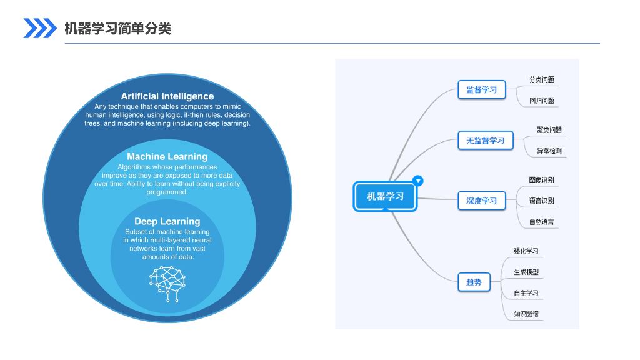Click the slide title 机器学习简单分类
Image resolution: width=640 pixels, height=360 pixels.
coord(117,28)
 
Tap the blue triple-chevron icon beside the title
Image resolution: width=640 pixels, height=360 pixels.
coord(40,28)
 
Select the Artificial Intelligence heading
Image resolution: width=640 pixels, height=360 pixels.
coord(167,96)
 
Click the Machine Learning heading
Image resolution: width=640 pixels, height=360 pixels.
coord(167,156)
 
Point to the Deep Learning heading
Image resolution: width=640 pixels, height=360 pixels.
coord(167,221)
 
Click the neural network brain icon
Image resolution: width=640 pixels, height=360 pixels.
coord(168,283)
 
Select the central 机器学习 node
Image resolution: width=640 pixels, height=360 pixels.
coord(386,196)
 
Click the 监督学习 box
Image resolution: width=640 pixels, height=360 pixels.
coord(481,90)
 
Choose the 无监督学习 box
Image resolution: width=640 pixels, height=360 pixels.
coord(485,141)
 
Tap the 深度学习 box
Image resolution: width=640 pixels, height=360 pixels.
coord(481,201)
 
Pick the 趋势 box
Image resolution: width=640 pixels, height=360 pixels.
coord(474,282)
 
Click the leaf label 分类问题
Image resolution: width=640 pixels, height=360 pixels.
coord(541,80)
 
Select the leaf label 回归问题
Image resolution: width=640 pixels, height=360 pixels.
coord(541,101)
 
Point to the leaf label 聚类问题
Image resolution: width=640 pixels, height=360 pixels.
coord(549,130)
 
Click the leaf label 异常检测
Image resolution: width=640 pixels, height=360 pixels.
coord(549,151)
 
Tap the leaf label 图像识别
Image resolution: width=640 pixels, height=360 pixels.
coord(541,180)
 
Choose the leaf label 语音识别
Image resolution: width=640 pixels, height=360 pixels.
coord(541,201)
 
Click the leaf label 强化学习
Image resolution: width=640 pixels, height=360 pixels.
coord(526,251)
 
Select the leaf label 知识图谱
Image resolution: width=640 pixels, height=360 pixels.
coord(526,314)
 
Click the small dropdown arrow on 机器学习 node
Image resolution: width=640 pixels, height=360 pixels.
coord(419,181)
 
